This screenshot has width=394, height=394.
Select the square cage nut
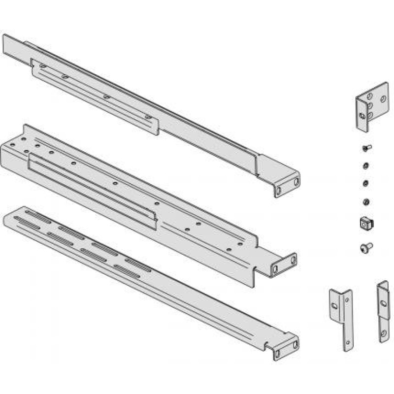[365, 223]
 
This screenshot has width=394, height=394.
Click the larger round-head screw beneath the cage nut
[366, 246]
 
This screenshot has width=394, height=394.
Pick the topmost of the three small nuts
[365, 165]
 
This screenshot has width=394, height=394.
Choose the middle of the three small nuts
[365, 183]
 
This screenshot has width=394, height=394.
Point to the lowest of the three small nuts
[366, 201]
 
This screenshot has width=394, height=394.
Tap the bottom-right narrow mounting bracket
[383, 310]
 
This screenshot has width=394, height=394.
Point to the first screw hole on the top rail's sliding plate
[43, 66]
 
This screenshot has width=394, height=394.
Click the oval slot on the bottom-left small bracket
[335, 306]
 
